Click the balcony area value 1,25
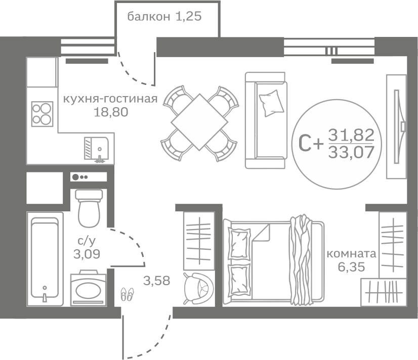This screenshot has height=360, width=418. pos(188,17)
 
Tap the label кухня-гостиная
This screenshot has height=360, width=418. pos(110,99)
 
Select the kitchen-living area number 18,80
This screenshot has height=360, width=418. pos(111,112)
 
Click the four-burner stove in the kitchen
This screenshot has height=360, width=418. pos(42,114)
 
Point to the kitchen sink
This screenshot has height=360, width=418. pos(96,149)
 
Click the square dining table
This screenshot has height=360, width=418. pos(199,122)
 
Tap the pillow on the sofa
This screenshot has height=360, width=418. pos(271,103)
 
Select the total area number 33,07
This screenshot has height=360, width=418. pos(351,153)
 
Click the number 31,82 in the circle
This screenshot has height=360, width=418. pos(351,136)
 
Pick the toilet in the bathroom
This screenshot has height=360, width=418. pos(89,208)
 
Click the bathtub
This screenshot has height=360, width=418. pos(45,258)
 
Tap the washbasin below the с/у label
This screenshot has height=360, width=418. pos(89,288)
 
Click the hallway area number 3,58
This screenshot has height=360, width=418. pos(157,281)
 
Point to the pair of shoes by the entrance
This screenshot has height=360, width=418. pos(127,294)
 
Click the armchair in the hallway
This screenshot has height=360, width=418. pos(198,288)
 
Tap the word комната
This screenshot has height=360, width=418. pos(351,254)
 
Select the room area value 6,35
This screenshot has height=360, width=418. pos(351,266)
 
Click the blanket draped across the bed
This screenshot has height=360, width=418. pos(301,260)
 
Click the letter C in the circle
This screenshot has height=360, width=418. pos(305,144)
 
